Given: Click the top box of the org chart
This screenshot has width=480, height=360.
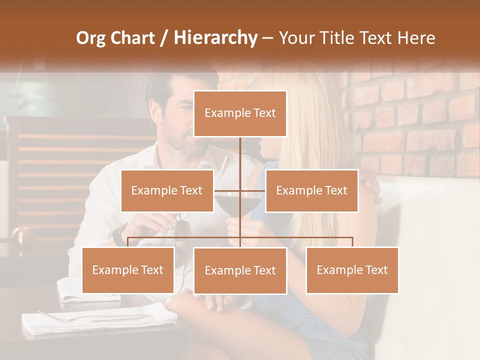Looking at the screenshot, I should pyautogui.click(x=240, y=113).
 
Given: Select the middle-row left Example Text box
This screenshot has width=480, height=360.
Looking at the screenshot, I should pyautogui.click(x=167, y=190).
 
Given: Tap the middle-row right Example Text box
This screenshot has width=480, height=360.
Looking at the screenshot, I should pyautogui.click(x=311, y=190).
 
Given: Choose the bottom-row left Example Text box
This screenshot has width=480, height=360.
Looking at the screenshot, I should pyautogui.click(x=128, y=270).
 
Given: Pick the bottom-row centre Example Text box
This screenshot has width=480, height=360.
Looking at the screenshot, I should pyautogui.click(x=240, y=270).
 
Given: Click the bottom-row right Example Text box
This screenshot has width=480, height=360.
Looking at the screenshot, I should pyautogui.click(x=352, y=270).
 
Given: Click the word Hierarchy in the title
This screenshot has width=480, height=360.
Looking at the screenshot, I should pyautogui.click(x=215, y=37).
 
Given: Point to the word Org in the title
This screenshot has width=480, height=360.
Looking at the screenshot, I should pyautogui.click(x=90, y=37).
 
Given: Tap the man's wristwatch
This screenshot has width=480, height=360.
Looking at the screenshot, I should pyautogui.click(x=119, y=234).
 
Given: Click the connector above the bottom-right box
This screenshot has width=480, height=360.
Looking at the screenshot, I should pyautogui.click(x=352, y=241).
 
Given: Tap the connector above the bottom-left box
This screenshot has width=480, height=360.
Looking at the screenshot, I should pyautogui.click(x=128, y=241).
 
